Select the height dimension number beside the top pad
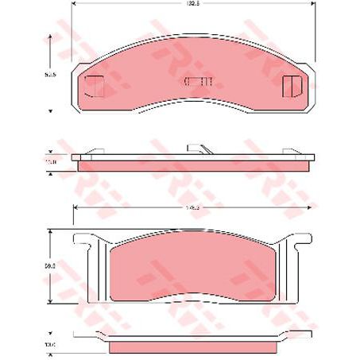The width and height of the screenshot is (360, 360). [50, 73]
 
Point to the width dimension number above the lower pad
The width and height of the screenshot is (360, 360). [191, 209]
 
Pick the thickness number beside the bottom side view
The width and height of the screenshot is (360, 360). [50, 344]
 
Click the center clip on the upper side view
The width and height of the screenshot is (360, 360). [198, 149]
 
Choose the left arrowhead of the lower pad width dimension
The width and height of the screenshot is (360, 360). [75, 209]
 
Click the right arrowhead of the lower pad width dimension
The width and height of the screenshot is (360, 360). [310, 209]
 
